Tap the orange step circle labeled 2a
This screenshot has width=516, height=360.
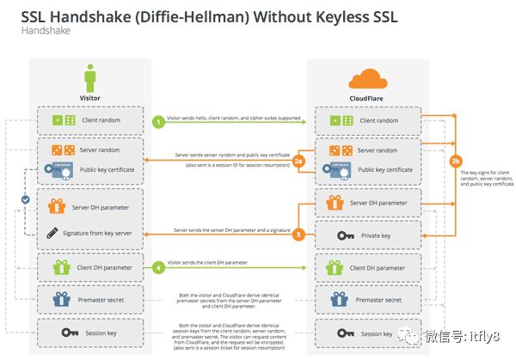click(299, 161)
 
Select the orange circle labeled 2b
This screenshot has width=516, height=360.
click(455, 161)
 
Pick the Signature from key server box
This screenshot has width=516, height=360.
click(90, 233)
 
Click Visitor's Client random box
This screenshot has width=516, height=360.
click(90, 121)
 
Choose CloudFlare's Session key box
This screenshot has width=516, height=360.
click(367, 333)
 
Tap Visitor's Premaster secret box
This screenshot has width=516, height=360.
click(90, 300)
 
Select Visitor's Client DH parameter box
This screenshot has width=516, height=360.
click(90, 268)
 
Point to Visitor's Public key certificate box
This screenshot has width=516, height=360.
click(90, 171)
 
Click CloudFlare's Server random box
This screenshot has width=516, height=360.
click(367, 149)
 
